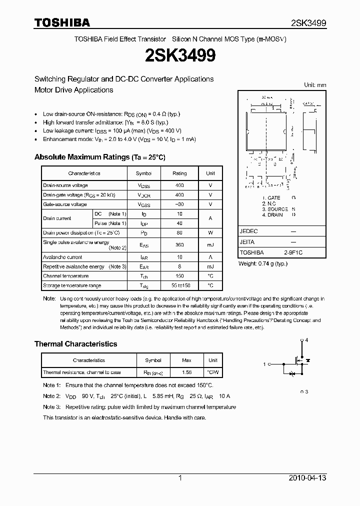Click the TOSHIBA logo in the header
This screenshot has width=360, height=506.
62,22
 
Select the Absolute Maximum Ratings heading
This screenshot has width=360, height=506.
99,157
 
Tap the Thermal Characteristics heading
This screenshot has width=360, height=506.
75,344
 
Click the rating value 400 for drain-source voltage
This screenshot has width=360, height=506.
179,185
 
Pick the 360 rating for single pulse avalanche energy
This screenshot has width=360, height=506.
179,245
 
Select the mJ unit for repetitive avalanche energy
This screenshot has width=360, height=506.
210,266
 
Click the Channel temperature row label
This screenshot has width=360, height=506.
65,276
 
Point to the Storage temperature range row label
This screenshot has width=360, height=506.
72,285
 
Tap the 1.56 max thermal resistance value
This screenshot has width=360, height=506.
186,372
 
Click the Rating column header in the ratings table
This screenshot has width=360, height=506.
179,173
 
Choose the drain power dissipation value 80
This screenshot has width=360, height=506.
179,232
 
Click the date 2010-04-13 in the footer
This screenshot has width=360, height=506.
307,478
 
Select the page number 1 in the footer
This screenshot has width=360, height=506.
180,478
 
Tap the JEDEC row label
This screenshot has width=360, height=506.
248,232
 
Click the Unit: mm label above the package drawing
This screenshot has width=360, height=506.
315,85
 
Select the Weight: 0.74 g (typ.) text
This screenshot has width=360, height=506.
263,263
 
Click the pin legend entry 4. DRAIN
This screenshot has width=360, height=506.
273,215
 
